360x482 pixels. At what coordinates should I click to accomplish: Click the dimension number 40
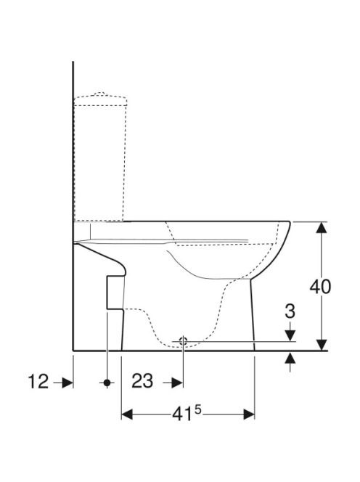click(320, 287)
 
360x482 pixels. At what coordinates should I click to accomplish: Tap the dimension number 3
click(290, 311)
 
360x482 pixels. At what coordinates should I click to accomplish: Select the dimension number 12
click(38, 382)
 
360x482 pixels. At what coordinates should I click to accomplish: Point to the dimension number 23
click(142, 381)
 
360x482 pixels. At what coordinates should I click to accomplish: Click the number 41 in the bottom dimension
click(182, 414)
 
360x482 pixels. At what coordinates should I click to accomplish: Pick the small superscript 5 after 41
click(197, 409)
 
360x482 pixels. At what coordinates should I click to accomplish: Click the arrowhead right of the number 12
click(67, 383)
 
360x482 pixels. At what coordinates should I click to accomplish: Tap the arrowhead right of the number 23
click(177, 383)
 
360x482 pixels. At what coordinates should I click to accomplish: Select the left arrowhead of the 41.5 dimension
click(127, 414)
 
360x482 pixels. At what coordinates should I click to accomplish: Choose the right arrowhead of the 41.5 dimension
click(249, 414)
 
